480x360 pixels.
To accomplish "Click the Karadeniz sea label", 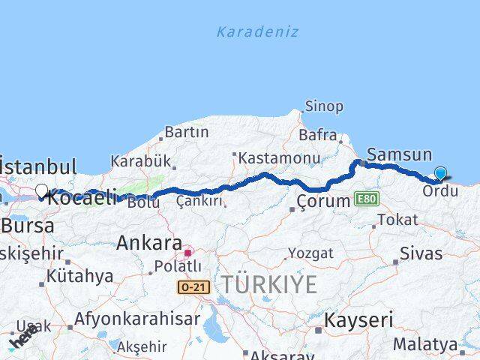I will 257,32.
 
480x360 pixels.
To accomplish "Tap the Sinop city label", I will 324,107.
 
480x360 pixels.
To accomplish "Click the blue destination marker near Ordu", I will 440,174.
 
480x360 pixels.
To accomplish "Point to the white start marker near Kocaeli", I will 42,191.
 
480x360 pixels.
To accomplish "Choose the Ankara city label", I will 149,244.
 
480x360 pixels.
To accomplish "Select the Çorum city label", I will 323,201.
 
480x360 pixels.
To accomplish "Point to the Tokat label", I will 397,220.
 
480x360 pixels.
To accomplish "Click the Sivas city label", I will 421,253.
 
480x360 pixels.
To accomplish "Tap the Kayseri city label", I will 358,320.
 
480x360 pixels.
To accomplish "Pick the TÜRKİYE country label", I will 268,285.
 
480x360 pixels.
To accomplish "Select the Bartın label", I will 186,132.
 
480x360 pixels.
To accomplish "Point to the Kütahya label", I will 79,276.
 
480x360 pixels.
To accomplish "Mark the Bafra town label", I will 318,136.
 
